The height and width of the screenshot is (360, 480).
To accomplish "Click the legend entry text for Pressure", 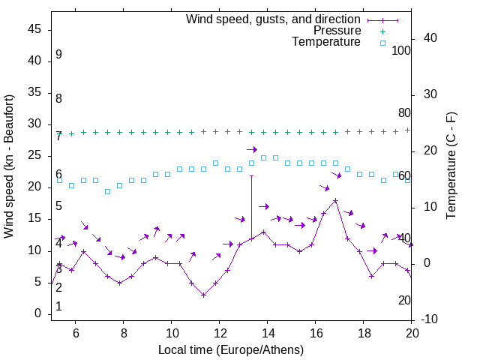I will (x=337, y=31).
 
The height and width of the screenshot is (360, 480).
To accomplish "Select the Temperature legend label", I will (x=326, y=43).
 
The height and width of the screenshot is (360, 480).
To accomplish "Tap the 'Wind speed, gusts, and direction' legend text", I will (x=274, y=19).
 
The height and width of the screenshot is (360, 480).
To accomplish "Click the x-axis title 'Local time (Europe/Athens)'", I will (x=231, y=349).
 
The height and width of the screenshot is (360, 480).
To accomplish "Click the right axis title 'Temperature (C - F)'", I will (x=451, y=166).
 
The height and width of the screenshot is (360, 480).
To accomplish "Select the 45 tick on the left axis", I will (x=35, y=30).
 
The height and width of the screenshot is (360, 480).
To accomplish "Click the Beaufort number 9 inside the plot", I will (x=58, y=55).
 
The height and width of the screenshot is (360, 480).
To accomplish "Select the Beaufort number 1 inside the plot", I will (x=58, y=307).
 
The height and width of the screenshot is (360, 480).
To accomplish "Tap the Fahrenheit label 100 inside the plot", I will (x=401, y=51).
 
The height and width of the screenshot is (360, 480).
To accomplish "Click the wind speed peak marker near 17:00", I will (x=335, y=201).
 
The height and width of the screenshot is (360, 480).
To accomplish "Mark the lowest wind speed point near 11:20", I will (x=203, y=295).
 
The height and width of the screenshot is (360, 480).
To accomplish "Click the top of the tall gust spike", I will (x=251, y=175).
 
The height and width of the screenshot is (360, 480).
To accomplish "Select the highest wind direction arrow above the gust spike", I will (x=252, y=149).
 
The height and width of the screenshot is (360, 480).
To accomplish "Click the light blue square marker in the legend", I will (x=382, y=43).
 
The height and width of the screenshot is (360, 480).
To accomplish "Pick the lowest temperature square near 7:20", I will (x=107, y=191).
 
